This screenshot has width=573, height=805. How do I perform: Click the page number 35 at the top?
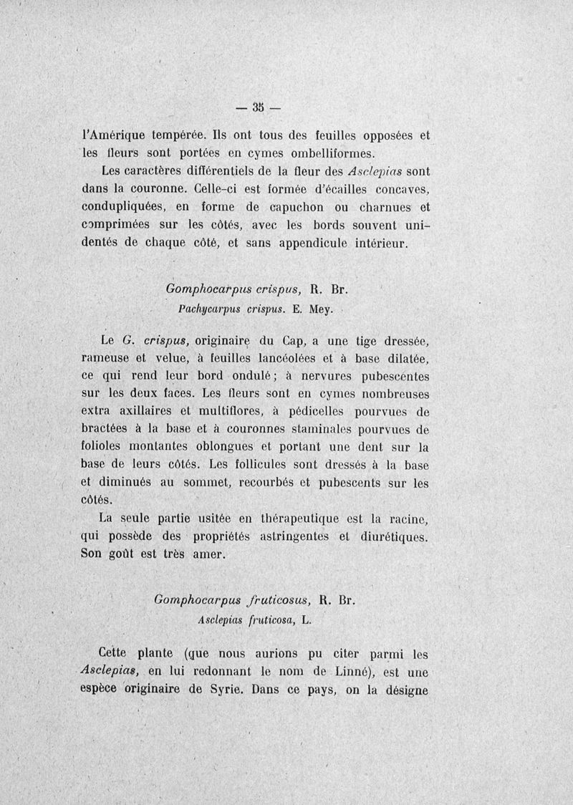259,107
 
